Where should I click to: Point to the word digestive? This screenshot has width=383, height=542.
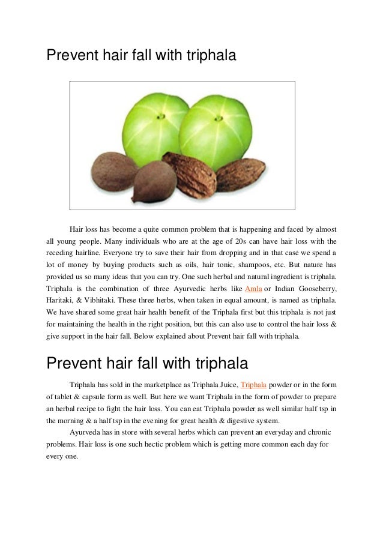(x=220, y=420)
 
